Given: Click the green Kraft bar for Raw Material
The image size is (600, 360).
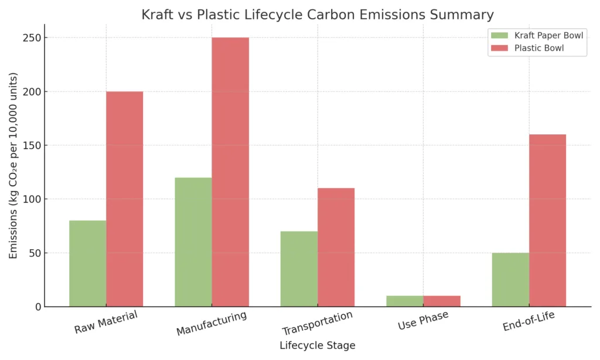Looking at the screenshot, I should pyautogui.click(x=88, y=264).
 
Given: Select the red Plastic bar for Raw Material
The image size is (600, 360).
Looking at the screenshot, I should pyautogui.click(x=124, y=199).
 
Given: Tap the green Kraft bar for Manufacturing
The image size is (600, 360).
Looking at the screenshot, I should pyautogui.click(x=193, y=242).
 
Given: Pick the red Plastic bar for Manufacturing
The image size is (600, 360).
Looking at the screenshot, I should pyautogui.click(x=230, y=172).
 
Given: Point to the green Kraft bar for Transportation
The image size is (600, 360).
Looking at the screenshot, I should pyautogui.click(x=299, y=269).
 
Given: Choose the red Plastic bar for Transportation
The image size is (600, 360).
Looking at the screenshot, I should pyautogui.click(x=336, y=247).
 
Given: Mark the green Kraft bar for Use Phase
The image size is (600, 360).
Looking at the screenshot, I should pyautogui.click(x=405, y=301).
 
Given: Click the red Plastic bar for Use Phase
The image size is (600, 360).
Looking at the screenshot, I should pyautogui.click(x=442, y=301).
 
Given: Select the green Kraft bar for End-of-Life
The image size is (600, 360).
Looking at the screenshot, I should pyautogui.click(x=510, y=280).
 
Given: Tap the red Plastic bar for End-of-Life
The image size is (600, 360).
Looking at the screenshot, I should pyautogui.click(x=547, y=220).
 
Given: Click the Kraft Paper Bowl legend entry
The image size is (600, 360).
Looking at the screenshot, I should pyautogui.click(x=536, y=36).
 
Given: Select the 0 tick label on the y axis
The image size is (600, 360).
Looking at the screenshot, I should pyautogui.click(x=37, y=307).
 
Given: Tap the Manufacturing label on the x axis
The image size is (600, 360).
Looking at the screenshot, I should pyautogui.click(x=212, y=324).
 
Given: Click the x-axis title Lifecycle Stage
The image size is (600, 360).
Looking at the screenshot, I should pyautogui.click(x=317, y=346).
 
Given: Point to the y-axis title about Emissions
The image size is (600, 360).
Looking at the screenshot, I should pyautogui.click(x=13, y=165).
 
